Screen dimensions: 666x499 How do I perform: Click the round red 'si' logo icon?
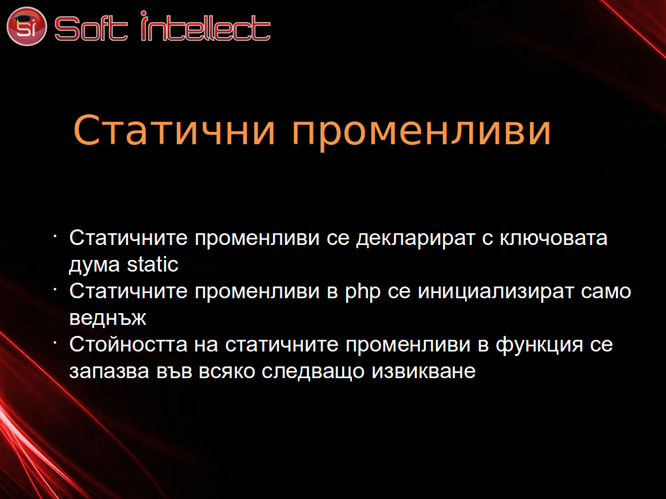pyautogui.click(x=26, y=26)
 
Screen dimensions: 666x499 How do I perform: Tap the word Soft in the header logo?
pyautogui.click(x=91, y=29)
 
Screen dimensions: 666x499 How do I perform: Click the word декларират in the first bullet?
pyautogui.click(x=416, y=238)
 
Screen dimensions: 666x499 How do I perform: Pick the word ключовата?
pyautogui.click(x=553, y=238)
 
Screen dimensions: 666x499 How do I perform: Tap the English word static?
pyautogui.click(x=152, y=264)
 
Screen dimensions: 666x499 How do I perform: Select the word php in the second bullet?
pyautogui.click(x=362, y=292)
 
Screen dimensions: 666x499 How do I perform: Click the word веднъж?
pyautogui.click(x=107, y=318)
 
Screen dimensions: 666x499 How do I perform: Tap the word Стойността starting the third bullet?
pyautogui.click(x=128, y=344)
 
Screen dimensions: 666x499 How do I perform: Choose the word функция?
pyautogui.click(x=539, y=346)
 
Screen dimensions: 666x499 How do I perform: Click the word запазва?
pyautogui.click(x=109, y=372)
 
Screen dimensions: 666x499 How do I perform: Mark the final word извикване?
pyautogui.click(x=423, y=372)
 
